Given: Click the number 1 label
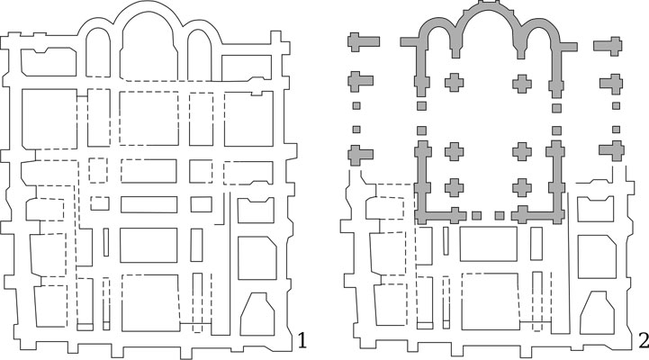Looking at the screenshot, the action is tap(302, 340).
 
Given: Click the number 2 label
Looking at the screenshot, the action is tap(643, 340).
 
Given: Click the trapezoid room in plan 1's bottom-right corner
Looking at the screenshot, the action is tap(257, 314).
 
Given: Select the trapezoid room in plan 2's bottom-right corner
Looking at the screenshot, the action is tap(598, 312).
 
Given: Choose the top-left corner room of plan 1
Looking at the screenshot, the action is tap(49, 62).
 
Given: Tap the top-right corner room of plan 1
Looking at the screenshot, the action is tap(247, 67).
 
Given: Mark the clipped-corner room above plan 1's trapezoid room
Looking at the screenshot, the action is tap(257, 258).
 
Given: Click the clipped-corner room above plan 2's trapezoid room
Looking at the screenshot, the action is tap(597, 256).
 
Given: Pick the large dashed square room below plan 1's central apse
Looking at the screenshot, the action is tap(149, 118).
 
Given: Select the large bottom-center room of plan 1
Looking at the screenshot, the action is tap(150, 303).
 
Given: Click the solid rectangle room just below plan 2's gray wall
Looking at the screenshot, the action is tap(489, 244).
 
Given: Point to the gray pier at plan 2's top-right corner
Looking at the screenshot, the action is tap(608, 46).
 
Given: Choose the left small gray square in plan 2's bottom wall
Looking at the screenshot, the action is tap(476, 216).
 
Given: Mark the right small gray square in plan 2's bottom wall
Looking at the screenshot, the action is tap(500, 216).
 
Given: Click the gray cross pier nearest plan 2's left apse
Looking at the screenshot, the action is tap(454, 82).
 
